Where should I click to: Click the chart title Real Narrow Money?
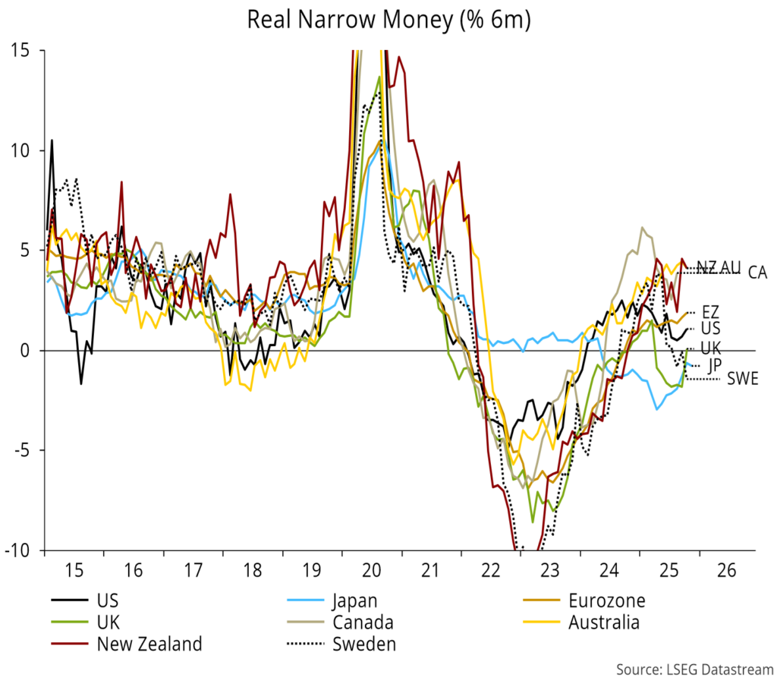click(x=388, y=20)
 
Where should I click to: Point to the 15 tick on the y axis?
click(x=25, y=50)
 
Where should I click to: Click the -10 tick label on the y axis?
click(x=20, y=550)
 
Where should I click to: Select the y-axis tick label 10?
click(x=25, y=150)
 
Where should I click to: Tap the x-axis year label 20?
click(x=371, y=569)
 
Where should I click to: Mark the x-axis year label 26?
click(x=727, y=569)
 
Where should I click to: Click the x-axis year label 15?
click(x=74, y=569)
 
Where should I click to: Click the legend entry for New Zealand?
click(x=149, y=645)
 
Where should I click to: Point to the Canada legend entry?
click(x=363, y=623)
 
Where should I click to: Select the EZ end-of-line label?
click(x=711, y=312)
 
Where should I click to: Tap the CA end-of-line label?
click(x=757, y=273)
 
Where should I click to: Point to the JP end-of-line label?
click(x=714, y=365)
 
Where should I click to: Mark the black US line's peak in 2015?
click(x=52, y=140)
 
